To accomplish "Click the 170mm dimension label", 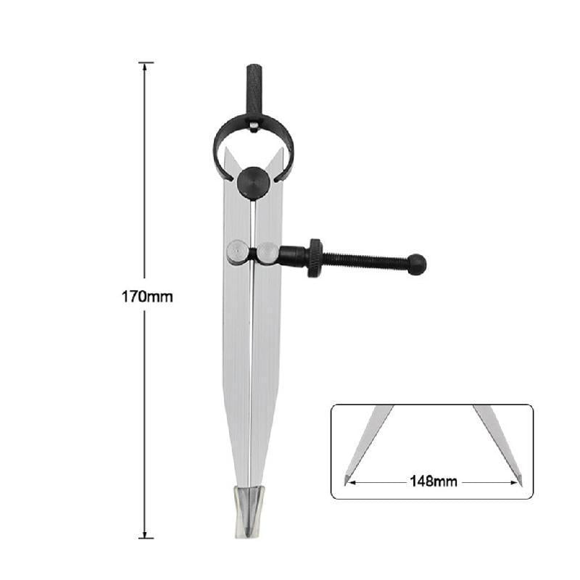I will click(x=147, y=297).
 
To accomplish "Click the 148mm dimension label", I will click(x=434, y=480).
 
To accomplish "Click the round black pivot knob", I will click(x=253, y=182).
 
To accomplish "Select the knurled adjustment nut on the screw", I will click(x=315, y=257).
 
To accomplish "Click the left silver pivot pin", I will click(x=236, y=252).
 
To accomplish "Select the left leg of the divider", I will click(x=236, y=362).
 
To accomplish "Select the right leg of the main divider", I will click(x=262, y=362).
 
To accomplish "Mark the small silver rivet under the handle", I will click(x=253, y=127).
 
